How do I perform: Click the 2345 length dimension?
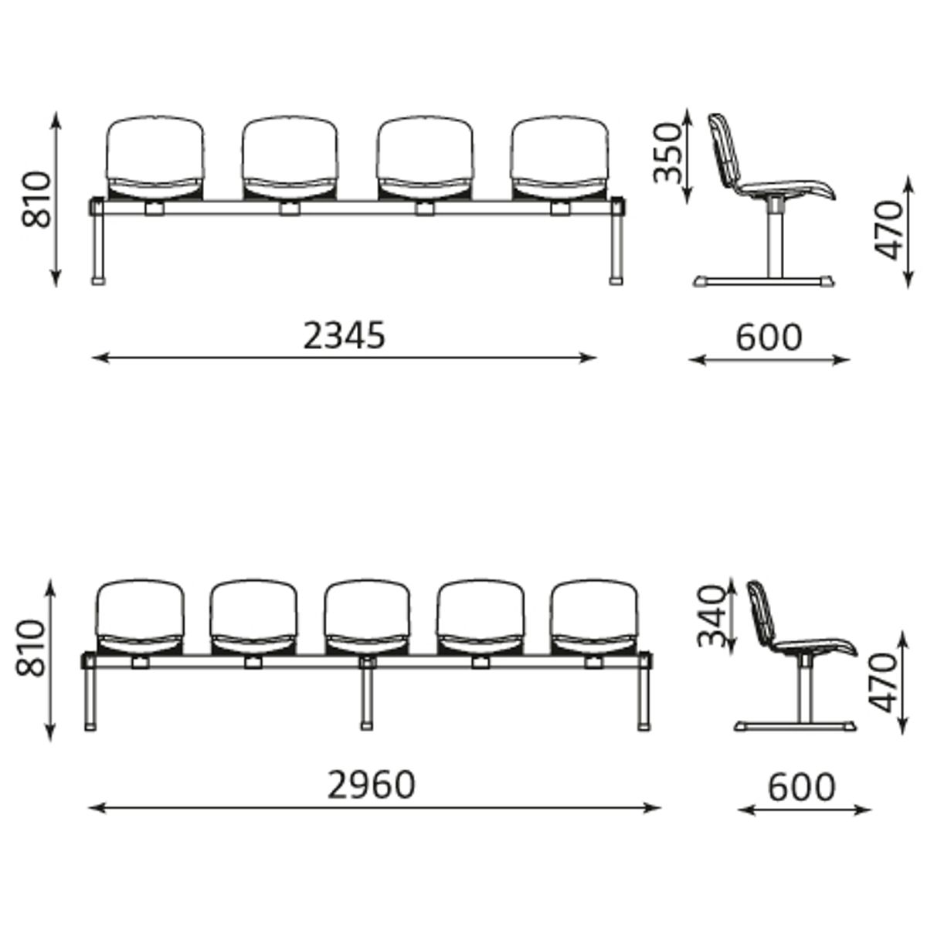tap(345, 336)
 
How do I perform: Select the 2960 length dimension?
tap(371, 786)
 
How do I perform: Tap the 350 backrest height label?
tap(667, 152)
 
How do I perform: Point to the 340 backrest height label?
tap(711, 616)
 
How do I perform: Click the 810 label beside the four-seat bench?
tap(36, 199)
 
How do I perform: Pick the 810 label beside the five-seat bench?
tap(30, 648)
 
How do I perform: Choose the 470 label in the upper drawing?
tap(888, 230)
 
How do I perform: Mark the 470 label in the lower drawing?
tap(883, 683)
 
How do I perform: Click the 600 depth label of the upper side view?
tap(769, 338)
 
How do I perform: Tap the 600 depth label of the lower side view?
tap(802, 787)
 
